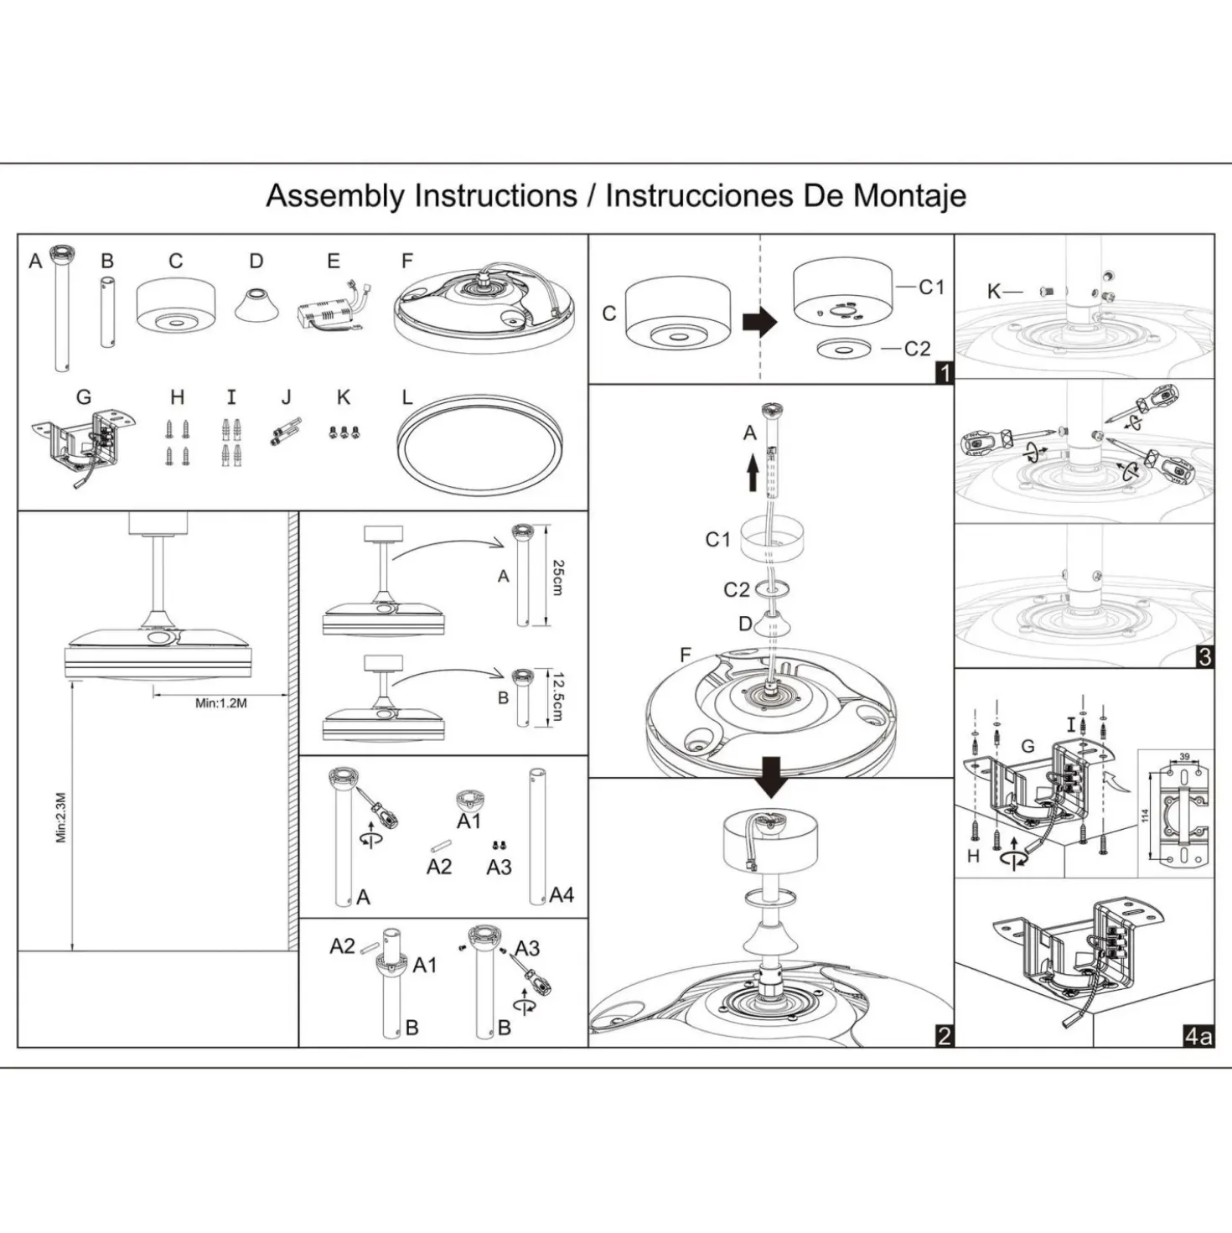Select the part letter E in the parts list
pyautogui.click(x=334, y=261)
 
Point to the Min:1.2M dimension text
pyautogui.click(x=220, y=703)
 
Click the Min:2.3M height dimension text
pyautogui.click(x=61, y=818)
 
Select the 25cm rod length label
pyautogui.click(x=557, y=578)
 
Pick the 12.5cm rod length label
pyautogui.click(x=556, y=697)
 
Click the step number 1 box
pyautogui.click(x=944, y=372)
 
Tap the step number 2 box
pyautogui.click(x=944, y=1036)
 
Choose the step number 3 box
pyautogui.click(x=1204, y=658)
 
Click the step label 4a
pyautogui.click(x=1198, y=1036)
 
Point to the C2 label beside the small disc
pyautogui.click(x=917, y=349)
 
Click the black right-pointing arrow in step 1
pyautogui.click(x=759, y=323)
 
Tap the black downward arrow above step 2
pyautogui.click(x=773, y=777)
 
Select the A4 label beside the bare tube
pyautogui.click(x=562, y=895)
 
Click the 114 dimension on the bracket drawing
pyautogui.click(x=1145, y=816)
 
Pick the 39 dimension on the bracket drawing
pyautogui.click(x=1184, y=756)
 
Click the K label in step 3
pyautogui.click(x=994, y=292)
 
